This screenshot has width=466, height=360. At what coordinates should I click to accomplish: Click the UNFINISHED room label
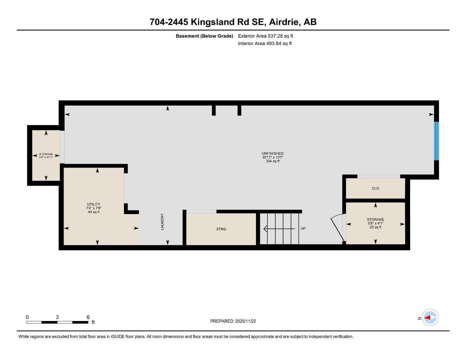[x=272, y=153]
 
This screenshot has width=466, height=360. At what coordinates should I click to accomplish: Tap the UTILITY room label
[x=94, y=204]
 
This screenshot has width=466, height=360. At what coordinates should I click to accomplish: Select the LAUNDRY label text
[x=162, y=222]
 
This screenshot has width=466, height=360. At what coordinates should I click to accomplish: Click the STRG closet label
[x=221, y=229]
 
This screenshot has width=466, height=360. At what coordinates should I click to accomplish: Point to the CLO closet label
[x=375, y=188]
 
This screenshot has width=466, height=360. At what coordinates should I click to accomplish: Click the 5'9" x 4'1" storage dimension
[x=375, y=223]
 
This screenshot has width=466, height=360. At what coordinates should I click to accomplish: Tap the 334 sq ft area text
[x=273, y=161]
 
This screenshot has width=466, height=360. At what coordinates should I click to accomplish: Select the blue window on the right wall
[x=436, y=141]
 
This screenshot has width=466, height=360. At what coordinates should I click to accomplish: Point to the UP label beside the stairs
[x=303, y=229]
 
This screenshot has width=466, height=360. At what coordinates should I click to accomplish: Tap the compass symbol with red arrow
[x=430, y=317]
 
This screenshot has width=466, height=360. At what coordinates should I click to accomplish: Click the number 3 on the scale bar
[x=57, y=317]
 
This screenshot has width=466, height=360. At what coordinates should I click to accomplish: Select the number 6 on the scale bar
[x=88, y=317]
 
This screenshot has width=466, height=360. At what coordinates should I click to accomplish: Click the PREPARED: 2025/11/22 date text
[x=233, y=321]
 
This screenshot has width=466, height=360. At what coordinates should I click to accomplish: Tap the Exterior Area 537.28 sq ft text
[x=266, y=36]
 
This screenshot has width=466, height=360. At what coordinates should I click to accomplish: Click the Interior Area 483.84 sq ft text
[x=265, y=44]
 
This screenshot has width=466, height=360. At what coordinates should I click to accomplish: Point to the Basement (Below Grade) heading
[x=204, y=36]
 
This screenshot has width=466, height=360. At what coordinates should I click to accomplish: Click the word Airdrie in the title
[x=284, y=22]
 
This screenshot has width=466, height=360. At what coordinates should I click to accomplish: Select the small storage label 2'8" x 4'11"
[x=46, y=157]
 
